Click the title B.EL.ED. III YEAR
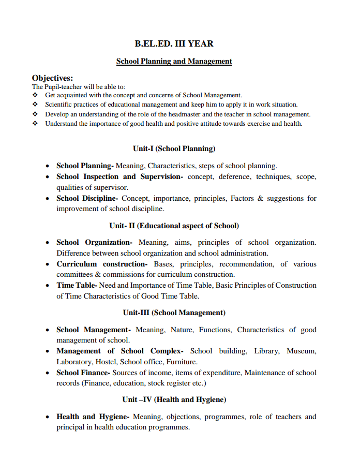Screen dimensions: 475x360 (174, 44)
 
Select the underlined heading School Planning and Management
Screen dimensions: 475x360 (174, 61)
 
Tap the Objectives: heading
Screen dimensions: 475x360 (52, 78)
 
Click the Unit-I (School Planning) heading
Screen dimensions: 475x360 (174, 149)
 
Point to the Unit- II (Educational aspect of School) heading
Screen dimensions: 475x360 (174, 226)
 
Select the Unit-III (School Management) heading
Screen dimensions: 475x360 (174, 313)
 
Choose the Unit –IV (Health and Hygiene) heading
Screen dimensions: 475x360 (174, 399)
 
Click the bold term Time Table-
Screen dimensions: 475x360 (77, 285)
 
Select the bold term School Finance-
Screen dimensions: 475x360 (83, 373)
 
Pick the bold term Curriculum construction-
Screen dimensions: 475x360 (102, 264)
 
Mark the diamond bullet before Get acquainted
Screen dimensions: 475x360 (35, 95)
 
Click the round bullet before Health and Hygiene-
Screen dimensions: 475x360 (48, 417)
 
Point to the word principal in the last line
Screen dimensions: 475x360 (72, 427)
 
